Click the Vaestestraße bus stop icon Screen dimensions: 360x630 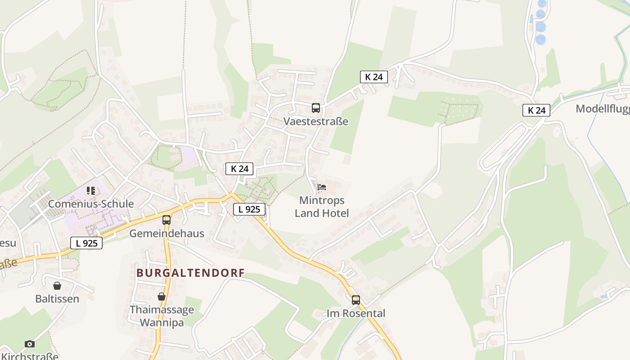[316, 108]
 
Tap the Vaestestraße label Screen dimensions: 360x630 [316, 121]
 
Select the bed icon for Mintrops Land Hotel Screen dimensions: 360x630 [322, 187]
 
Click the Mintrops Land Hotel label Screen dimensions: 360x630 [322, 207]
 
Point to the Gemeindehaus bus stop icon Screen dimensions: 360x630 [166, 220]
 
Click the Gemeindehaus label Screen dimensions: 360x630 [166, 234]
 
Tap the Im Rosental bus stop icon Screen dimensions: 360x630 [356, 300]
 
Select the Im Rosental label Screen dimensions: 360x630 [356, 313]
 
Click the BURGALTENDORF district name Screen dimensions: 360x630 [191, 273]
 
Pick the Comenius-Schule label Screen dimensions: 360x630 [91, 204]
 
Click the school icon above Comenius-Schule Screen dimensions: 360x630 [91, 191]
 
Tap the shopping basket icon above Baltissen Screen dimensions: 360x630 [57, 286]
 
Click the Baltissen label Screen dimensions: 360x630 [57, 299]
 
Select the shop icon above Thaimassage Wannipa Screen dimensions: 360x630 [162, 297]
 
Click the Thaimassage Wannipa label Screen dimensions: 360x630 [162, 316]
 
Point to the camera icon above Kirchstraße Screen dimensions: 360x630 [30, 344]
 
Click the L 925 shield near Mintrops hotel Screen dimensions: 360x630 [249, 209]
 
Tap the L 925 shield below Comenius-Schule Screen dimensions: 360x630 [86, 243]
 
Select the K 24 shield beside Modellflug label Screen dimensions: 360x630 [536, 110]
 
